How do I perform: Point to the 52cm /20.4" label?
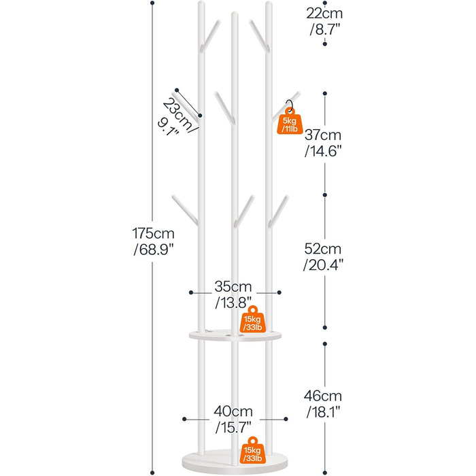pos(323,256)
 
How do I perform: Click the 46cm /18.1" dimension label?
pos(323,403)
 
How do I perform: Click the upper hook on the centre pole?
pos(223,104)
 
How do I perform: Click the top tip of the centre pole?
pos(234,14)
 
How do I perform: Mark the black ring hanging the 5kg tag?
pos(290,107)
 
